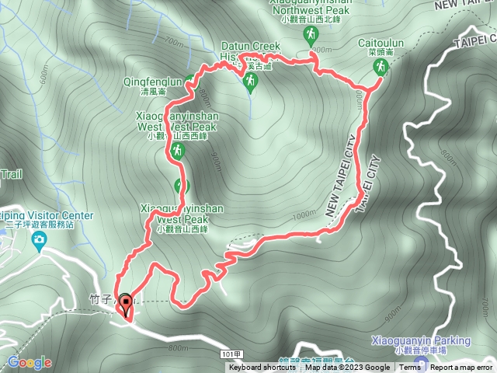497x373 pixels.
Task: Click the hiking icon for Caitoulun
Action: coord(380,67)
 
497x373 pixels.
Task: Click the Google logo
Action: coord(30,362)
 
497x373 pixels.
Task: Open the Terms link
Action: coord(409,368)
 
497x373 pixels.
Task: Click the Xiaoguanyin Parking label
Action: coord(432,340)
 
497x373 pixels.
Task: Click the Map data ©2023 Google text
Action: coord(348,368)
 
